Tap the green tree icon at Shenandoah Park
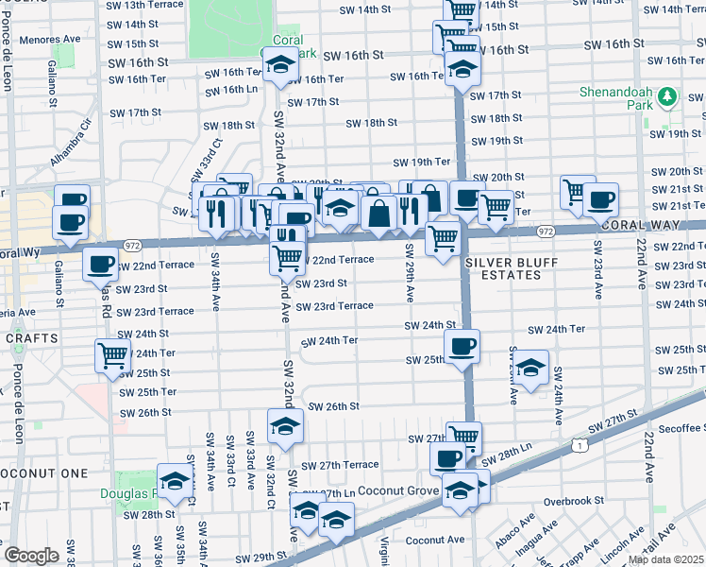click(x=667, y=96)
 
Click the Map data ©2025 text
click(x=665, y=559)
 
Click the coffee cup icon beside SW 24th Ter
click(x=462, y=347)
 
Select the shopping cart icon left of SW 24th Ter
click(x=112, y=355)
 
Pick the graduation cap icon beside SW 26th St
click(x=285, y=426)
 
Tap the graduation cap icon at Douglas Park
click(x=175, y=482)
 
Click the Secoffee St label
click(x=674, y=426)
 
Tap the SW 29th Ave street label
click(x=410, y=273)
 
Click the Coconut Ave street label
click(x=435, y=541)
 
